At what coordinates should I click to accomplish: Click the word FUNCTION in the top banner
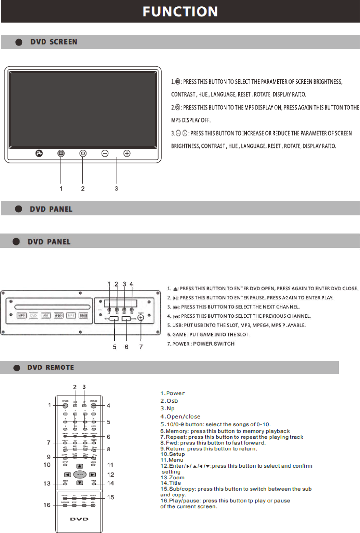coord(180,12)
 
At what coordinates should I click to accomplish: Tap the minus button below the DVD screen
coord(105,154)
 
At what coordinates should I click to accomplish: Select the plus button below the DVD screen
coord(127,154)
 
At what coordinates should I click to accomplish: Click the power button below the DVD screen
coord(83,154)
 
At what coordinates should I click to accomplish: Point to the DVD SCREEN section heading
coord(54,42)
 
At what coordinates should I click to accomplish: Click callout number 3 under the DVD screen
coord(116,188)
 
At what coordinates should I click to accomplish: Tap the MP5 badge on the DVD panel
coord(22,316)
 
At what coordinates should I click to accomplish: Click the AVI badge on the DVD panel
coord(46,316)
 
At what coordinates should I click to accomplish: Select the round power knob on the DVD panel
coord(141,318)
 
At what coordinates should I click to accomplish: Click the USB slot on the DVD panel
coord(114,319)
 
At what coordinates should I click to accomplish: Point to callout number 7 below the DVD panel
coord(141,347)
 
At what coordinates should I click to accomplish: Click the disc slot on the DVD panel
coord(52,307)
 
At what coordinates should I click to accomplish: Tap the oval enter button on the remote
coord(80,475)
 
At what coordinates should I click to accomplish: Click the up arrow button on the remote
coord(80,466)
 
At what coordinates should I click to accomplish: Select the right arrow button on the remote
coord(92,475)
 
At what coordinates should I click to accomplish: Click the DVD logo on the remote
coord(79,519)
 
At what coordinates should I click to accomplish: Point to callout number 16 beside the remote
coord(47,505)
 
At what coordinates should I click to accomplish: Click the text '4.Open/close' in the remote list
coord(181,416)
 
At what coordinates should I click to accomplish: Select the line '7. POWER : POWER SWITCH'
coord(201,344)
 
